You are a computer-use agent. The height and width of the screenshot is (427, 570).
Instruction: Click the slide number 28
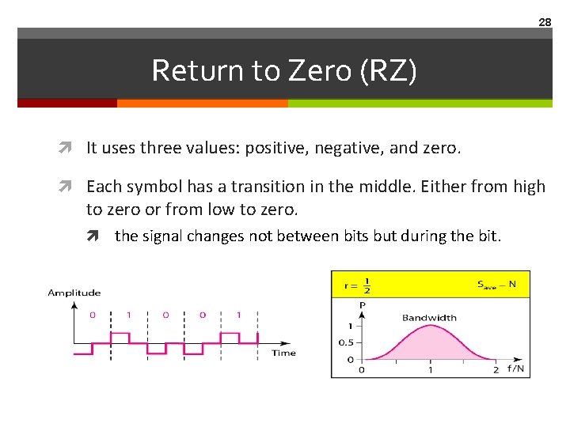tap(545, 22)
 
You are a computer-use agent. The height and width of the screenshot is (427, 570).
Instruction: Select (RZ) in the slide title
tap(388, 70)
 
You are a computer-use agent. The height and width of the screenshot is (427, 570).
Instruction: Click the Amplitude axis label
tap(74, 293)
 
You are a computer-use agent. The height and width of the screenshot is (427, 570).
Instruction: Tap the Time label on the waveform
tap(283, 353)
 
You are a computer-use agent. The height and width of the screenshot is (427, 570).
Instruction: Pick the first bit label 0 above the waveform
tap(92, 315)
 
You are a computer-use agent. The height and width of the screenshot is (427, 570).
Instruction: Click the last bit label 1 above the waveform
tap(239, 315)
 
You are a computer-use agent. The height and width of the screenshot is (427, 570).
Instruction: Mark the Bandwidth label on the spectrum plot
tap(429, 318)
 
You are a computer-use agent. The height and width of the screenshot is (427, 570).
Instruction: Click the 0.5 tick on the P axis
tap(345, 342)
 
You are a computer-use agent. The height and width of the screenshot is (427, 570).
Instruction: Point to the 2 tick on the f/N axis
tap(496, 369)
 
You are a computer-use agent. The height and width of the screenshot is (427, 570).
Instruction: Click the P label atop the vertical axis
tap(362, 304)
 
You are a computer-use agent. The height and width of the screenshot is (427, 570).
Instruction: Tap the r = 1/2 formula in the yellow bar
tap(356, 284)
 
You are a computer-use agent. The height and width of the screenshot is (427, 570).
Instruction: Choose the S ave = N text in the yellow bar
tap(496, 284)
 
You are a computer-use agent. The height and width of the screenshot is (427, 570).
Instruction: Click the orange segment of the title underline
tap(202, 103)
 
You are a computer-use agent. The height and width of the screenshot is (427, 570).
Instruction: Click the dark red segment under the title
tap(67, 103)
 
